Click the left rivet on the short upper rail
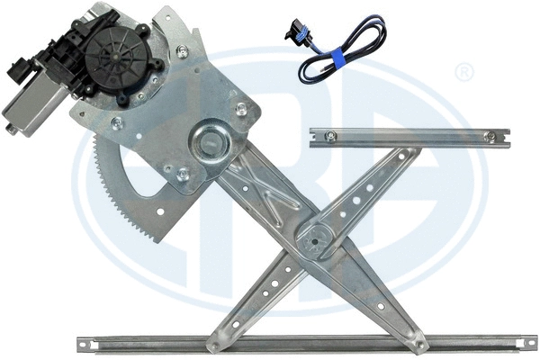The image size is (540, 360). point(331,137)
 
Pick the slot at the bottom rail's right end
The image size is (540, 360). point(527,341)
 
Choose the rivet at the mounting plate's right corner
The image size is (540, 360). point(241,108)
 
